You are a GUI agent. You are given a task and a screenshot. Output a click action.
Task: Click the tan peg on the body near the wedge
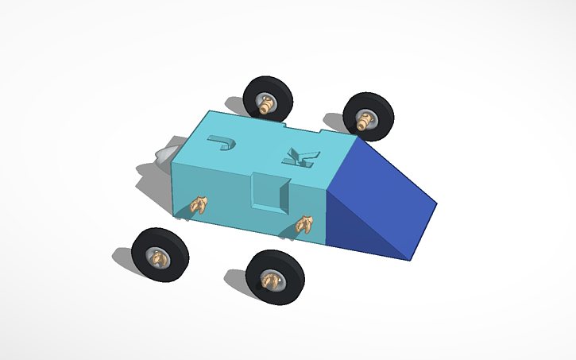click(303, 226)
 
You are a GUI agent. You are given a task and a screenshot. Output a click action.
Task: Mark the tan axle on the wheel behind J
click(265, 103)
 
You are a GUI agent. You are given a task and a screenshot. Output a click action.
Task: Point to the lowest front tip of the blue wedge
click(408, 259)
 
